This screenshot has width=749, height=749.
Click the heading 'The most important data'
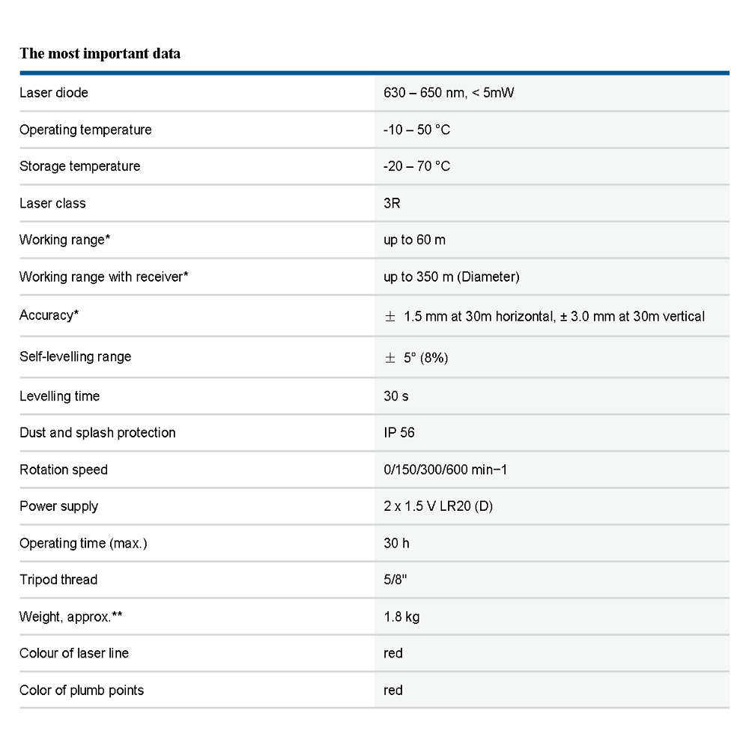[x=100, y=53]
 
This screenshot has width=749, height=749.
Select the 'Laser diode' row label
[x=54, y=93]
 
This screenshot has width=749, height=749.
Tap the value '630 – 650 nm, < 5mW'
[x=449, y=93]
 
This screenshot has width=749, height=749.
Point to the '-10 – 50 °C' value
[x=416, y=130]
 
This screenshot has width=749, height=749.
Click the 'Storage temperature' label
[x=79, y=166]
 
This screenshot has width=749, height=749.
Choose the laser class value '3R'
[x=392, y=203]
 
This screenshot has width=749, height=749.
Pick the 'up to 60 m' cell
[x=414, y=240]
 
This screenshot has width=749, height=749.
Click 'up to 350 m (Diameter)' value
[x=451, y=277]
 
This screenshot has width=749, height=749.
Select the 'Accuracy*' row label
[x=49, y=315]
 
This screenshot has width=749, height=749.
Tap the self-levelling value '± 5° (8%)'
[x=416, y=357]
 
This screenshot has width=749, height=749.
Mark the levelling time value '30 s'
[x=395, y=395]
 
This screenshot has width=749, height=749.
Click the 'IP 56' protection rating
[x=398, y=432]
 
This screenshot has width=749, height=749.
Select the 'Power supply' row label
[x=58, y=506]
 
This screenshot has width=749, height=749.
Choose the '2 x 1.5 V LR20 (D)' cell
[x=437, y=506]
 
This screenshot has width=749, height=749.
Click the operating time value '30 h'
[x=396, y=543]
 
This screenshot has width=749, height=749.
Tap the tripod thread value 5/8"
[x=395, y=580]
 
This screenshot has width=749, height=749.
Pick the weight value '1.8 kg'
[x=401, y=617]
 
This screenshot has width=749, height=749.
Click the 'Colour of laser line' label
[x=74, y=653]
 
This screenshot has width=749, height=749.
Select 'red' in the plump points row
[x=392, y=690]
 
